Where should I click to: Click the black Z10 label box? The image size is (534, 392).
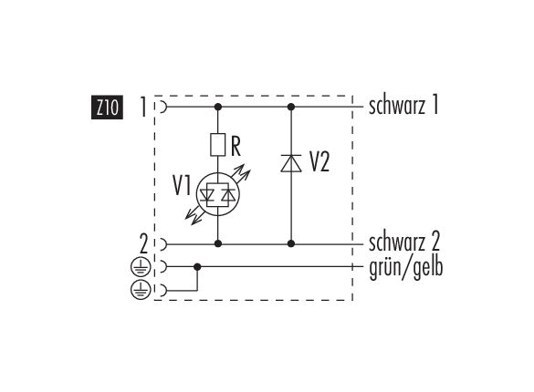107,108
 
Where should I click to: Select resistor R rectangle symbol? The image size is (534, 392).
218,145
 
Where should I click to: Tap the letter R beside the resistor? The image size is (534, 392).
236,146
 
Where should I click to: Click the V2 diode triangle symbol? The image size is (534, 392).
291,163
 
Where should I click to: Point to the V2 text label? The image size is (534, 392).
319,162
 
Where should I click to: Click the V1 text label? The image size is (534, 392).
182,186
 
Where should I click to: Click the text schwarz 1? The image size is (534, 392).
403,106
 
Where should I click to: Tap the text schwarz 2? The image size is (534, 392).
404,242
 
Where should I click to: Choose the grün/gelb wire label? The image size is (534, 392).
406,267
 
